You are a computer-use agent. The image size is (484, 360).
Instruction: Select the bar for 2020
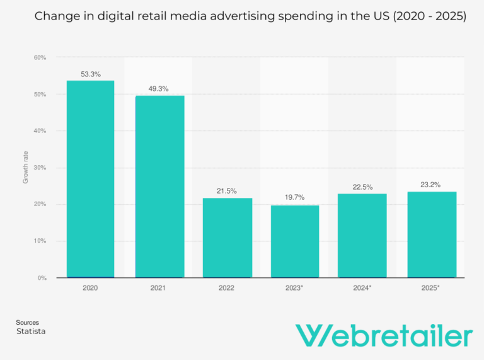click(x=90, y=179)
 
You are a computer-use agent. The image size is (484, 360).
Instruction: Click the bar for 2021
click(x=159, y=187)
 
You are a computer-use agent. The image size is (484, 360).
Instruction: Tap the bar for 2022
click(x=227, y=238)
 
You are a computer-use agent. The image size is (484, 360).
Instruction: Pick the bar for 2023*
click(x=294, y=241)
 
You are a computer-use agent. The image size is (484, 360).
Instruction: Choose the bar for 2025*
click(x=431, y=235)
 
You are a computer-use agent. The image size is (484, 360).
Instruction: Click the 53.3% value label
click(x=90, y=74)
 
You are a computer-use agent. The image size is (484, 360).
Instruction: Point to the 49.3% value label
click(x=158, y=89)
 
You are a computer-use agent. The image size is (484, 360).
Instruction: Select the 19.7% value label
click(x=294, y=197)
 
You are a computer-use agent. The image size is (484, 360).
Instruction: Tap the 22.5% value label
click(x=362, y=187)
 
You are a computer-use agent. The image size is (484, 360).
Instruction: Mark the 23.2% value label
click(x=430, y=185)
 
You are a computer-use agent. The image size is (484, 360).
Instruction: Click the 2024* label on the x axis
click(x=362, y=288)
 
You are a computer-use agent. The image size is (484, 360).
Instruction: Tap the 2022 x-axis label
click(x=226, y=288)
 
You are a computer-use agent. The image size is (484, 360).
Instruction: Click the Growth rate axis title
click(x=26, y=168)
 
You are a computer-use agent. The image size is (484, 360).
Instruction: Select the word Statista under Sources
click(x=30, y=331)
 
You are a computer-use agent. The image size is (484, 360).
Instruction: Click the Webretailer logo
click(x=384, y=335)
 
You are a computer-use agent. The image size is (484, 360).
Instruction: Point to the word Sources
click(x=27, y=322)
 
